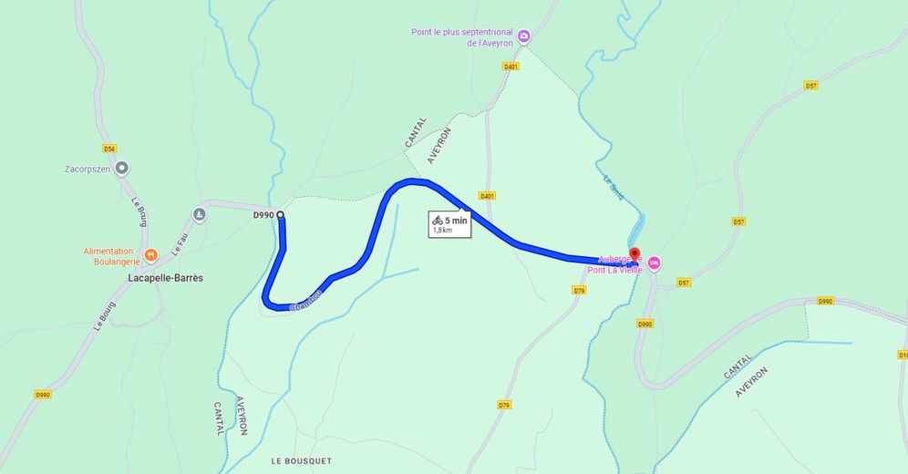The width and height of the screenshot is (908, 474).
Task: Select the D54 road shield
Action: pos(109,148)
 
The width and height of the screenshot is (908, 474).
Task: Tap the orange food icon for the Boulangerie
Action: pos(152,254)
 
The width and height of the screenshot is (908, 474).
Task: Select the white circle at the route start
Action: pos(280,215)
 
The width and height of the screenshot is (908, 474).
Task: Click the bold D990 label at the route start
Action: pos(263,215)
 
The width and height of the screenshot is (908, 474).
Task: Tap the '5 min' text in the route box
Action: pos(456,220)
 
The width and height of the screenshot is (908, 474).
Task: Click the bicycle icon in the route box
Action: pos(438,220)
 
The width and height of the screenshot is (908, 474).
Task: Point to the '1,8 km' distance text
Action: pos(442,231)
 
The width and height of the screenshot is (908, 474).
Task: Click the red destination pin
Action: pos(635,255)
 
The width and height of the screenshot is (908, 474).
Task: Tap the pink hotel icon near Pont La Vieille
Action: pos(654,263)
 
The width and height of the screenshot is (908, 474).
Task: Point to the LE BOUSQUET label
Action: pos(301,461)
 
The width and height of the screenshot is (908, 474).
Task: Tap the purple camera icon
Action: pos(523,37)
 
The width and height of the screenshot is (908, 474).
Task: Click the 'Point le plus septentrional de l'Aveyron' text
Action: pos(461,37)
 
